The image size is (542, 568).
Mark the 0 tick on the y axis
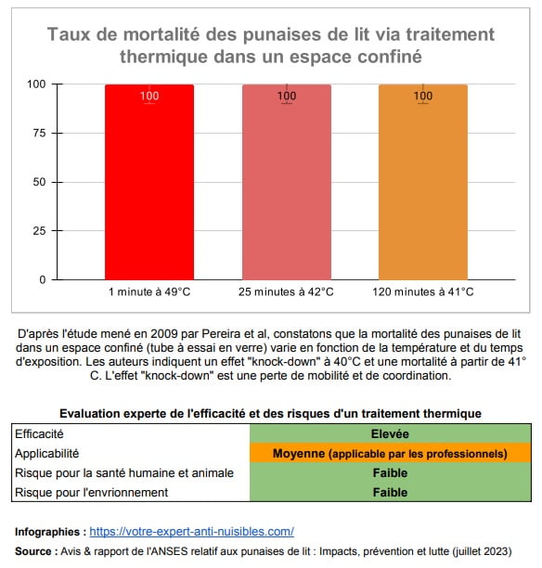pos(40,279)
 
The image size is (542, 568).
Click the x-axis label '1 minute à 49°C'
pos(148,292)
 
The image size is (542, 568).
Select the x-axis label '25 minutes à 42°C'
pos(286,292)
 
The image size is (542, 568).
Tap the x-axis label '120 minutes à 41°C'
pos(422,292)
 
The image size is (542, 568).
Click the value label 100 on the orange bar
pos(422,96)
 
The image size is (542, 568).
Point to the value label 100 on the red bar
pos(148,96)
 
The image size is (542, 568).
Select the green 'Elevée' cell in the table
pos(390,433)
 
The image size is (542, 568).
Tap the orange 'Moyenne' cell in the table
pos(390,454)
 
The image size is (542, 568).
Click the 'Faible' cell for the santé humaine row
pos(390,473)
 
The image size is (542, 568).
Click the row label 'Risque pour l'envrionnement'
pos(91,493)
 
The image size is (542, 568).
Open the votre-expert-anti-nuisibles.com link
pos(192,532)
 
